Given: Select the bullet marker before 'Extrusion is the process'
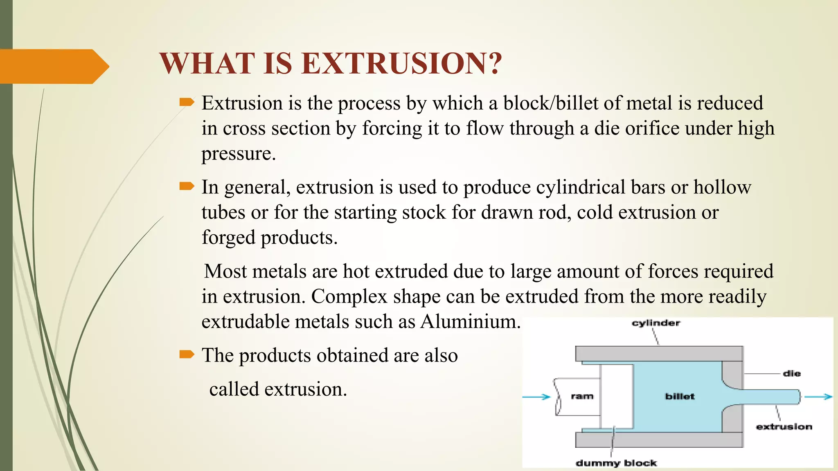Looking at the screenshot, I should point(187,102).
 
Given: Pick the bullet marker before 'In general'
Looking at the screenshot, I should point(187,186).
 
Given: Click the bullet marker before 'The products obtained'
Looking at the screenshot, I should point(187,354).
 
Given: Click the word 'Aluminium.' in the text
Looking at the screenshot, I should point(471,321).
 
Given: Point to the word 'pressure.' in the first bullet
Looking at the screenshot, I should point(239,154).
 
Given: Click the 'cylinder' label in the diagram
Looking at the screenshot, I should point(656,323).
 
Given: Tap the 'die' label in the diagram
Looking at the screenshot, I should point(791,373).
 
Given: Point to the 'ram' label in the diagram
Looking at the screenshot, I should point(582,396).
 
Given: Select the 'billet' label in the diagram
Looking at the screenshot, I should point(680,396).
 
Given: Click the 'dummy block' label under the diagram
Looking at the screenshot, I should point(616,463).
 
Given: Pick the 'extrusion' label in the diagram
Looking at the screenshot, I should point(784,426).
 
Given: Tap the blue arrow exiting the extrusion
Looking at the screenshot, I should point(818,397).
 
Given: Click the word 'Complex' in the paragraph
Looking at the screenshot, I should point(349,296).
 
